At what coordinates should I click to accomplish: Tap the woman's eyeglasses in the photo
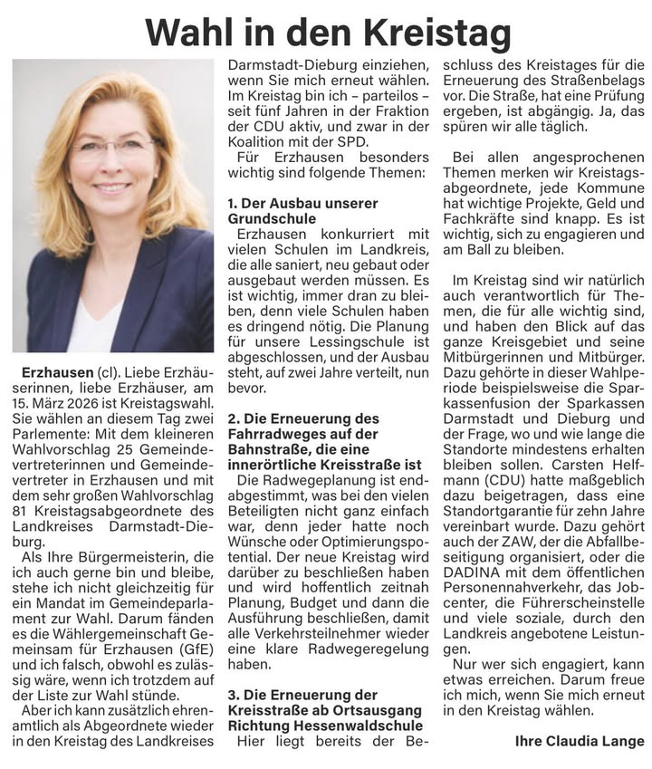click(x=112, y=148)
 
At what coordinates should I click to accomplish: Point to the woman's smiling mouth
click(x=112, y=187)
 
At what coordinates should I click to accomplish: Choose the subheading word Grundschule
click(x=266, y=219)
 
